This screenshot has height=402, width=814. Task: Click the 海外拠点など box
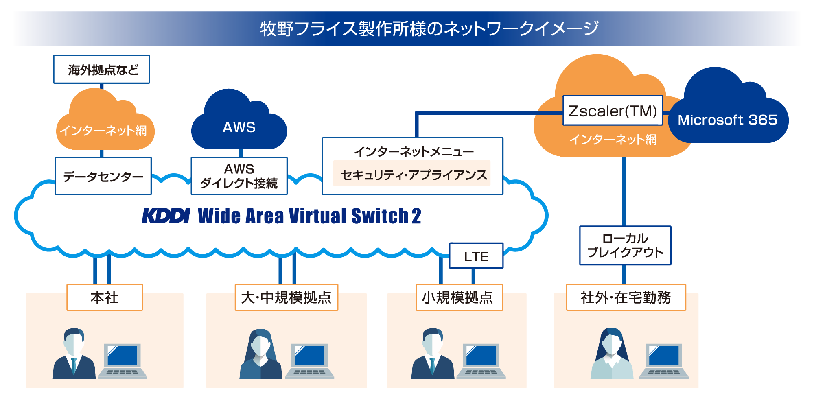(101, 70)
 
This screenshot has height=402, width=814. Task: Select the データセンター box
(103, 176)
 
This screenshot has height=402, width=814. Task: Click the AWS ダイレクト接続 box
(239, 176)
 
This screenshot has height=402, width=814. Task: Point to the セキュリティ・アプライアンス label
(412, 174)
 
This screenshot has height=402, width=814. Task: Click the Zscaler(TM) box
(613, 111)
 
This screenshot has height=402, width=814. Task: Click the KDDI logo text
(166, 216)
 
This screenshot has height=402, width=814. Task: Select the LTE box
(476, 256)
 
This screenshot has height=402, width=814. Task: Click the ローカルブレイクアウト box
(625, 245)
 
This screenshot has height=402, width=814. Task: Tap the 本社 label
(105, 297)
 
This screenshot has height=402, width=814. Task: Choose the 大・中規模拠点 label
(286, 297)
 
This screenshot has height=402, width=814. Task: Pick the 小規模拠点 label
(459, 297)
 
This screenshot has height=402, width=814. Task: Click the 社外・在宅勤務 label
(626, 297)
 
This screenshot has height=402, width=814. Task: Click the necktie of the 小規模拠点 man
(432, 365)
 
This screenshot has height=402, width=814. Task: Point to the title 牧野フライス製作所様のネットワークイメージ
(429, 28)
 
